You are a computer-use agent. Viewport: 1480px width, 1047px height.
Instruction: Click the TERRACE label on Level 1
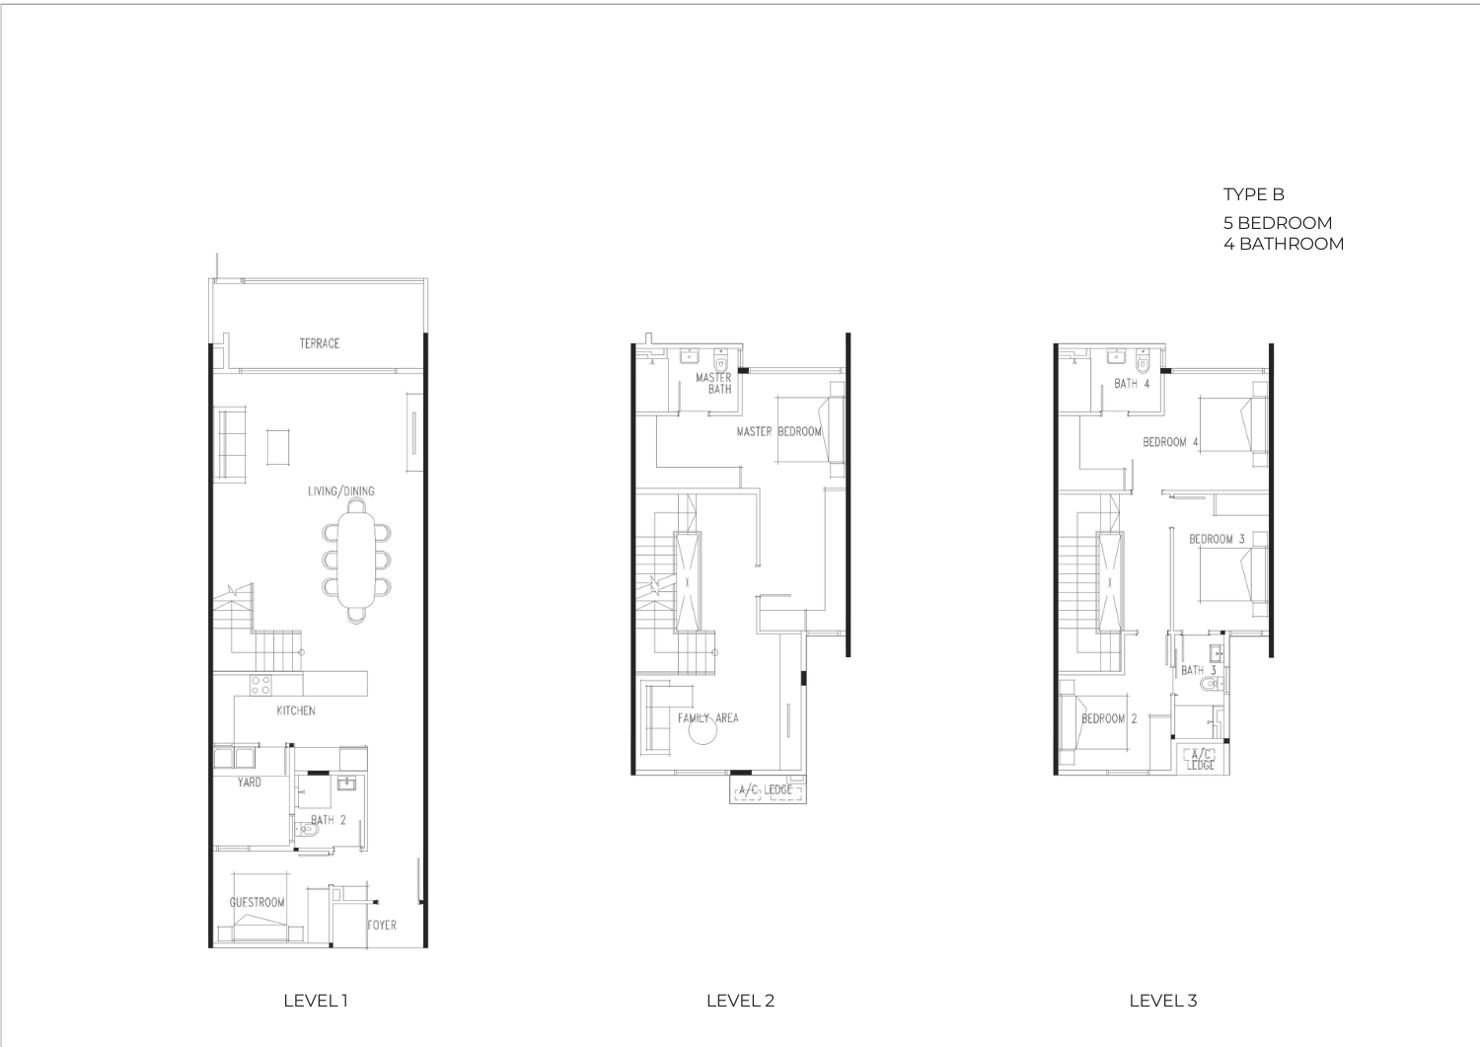319,343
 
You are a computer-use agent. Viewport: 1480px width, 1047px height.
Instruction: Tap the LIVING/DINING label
341,491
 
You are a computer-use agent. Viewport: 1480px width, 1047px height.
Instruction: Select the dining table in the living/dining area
356,561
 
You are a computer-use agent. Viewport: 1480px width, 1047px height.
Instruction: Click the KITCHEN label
295,710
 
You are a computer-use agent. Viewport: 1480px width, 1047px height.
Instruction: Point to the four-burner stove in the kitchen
260,685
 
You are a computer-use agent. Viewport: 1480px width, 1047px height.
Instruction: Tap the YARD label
249,782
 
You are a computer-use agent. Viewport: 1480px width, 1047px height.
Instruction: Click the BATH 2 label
329,820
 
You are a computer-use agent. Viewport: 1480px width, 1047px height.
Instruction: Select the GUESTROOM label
257,902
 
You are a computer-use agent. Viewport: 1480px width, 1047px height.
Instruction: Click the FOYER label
382,926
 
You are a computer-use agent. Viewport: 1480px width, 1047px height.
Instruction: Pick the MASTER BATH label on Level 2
713,383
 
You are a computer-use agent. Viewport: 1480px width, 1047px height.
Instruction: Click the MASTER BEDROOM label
779,431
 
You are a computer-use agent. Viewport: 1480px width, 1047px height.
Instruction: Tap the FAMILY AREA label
708,717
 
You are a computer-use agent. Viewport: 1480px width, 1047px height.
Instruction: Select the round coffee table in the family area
703,730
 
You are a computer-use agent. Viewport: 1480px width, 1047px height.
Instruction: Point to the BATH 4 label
1132,383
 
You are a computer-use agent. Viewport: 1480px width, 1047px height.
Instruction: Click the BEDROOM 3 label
1217,540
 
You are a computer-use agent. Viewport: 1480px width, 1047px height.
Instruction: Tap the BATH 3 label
1199,670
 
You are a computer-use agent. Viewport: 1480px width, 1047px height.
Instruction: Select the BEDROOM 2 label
1109,718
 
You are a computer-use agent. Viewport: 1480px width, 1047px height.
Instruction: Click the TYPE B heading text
1253,194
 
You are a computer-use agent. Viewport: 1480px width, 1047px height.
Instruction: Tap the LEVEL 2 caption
740,1001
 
